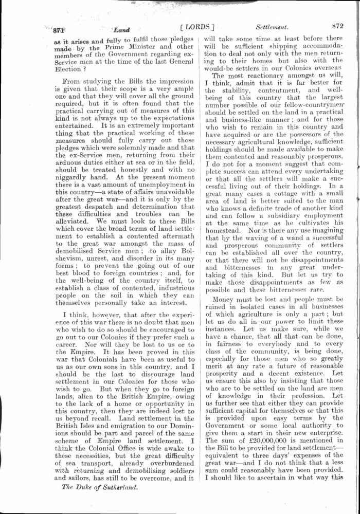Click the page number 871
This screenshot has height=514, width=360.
pyautogui.click(x=53, y=29)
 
